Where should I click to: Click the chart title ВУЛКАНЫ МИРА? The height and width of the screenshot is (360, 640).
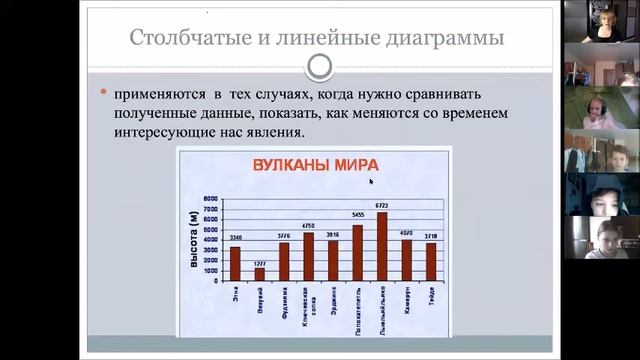[x=307, y=165]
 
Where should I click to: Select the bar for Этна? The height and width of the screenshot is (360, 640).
[x=235, y=263]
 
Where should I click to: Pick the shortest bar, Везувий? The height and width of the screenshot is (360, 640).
[x=260, y=273]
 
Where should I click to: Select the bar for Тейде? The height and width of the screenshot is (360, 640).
[x=431, y=261]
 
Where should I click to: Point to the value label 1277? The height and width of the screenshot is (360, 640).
[x=260, y=263]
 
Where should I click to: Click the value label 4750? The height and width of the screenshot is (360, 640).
[x=308, y=227]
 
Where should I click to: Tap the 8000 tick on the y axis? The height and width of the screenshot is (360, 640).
[x=210, y=198]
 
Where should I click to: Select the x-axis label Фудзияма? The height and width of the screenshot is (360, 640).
[x=284, y=301]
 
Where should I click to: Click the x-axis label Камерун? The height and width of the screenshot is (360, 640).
[x=406, y=299]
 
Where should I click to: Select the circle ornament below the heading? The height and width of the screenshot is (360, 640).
[x=319, y=66]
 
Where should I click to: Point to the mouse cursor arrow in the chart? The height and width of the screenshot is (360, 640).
[x=371, y=181]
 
